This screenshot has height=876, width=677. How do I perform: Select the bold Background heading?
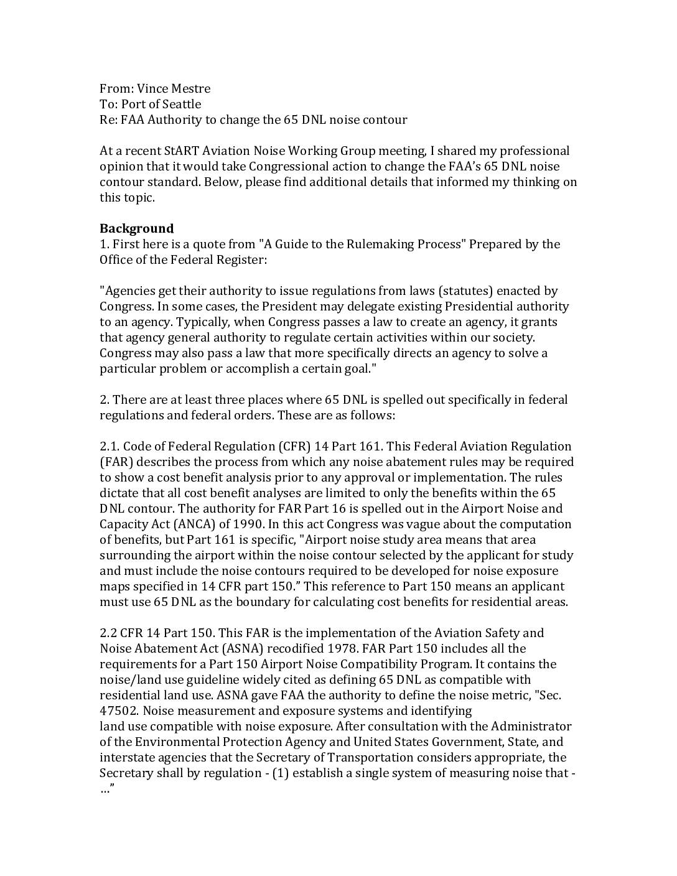(136, 228)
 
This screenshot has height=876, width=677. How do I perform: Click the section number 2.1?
(110, 446)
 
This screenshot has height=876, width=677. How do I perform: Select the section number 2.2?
(108, 633)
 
